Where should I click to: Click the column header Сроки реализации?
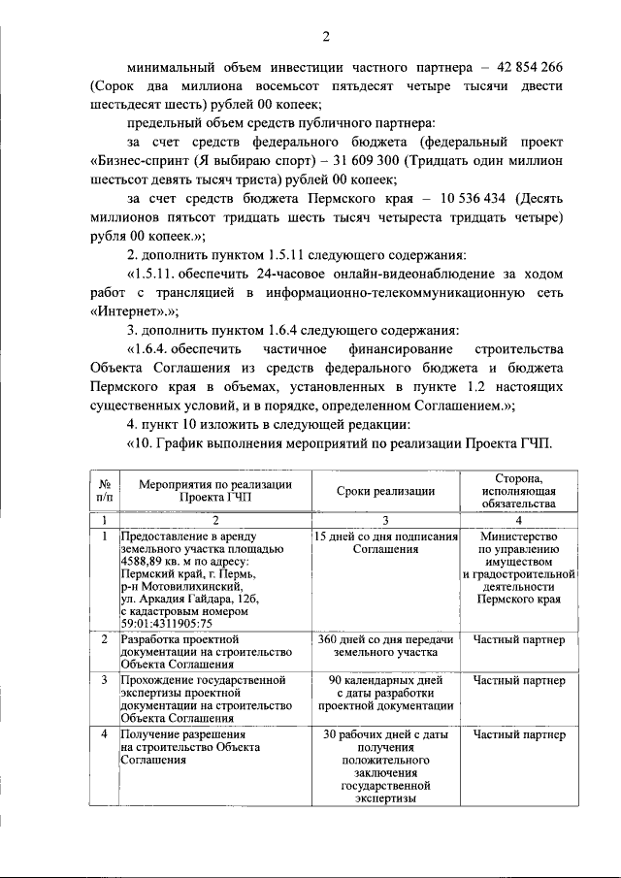click(385, 491)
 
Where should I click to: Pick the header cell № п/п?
click(104, 491)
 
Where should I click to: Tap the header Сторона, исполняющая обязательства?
click(524, 491)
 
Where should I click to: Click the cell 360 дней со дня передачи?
click(385, 641)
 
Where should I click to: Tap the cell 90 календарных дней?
click(385, 681)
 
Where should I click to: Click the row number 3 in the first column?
click(104, 681)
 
